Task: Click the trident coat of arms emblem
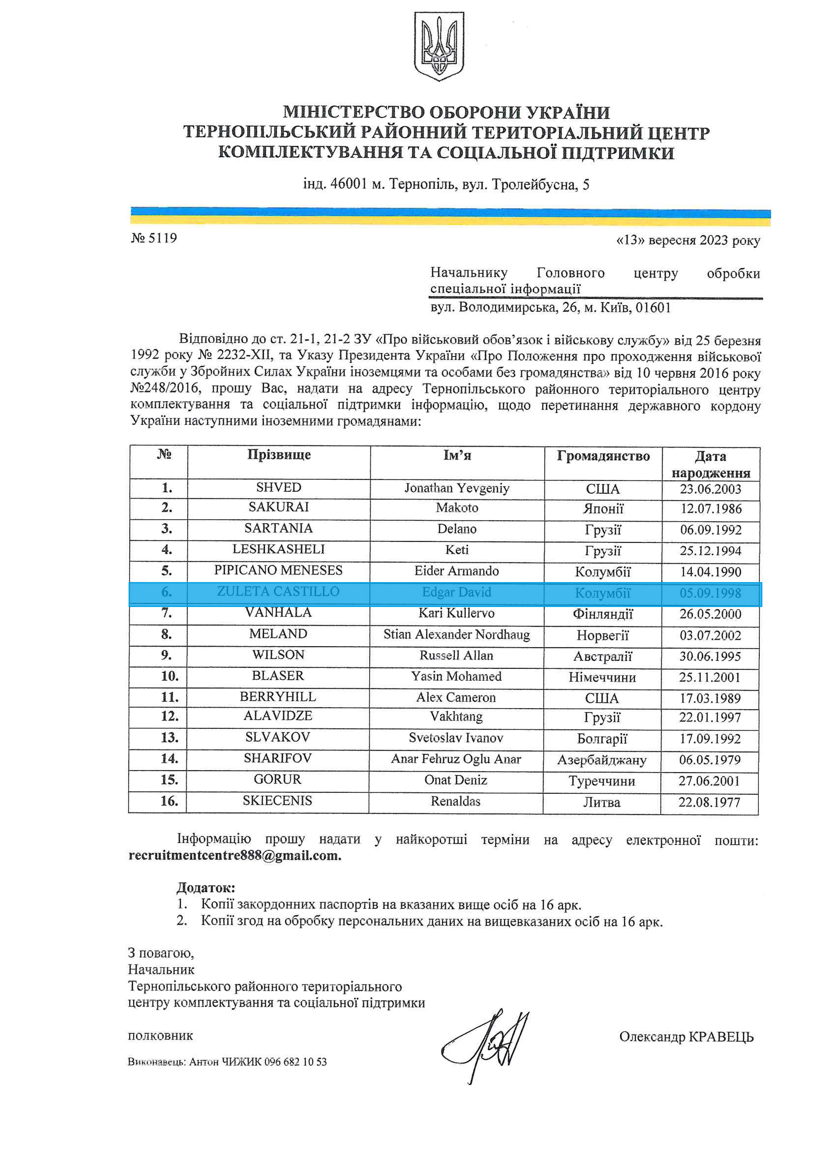pyautogui.click(x=439, y=46)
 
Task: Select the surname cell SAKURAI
pyautogui.click(x=279, y=507)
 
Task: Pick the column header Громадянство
pyautogui.click(x=603, y=456)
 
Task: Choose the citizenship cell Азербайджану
pyautogui.click(x=602, y=760)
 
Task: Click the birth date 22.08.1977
pyautogui.click(x=709, y=802)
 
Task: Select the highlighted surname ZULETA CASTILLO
pyautogui.click(x=278, y=591)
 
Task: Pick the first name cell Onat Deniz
pyautogui.click(x=455, y=780)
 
